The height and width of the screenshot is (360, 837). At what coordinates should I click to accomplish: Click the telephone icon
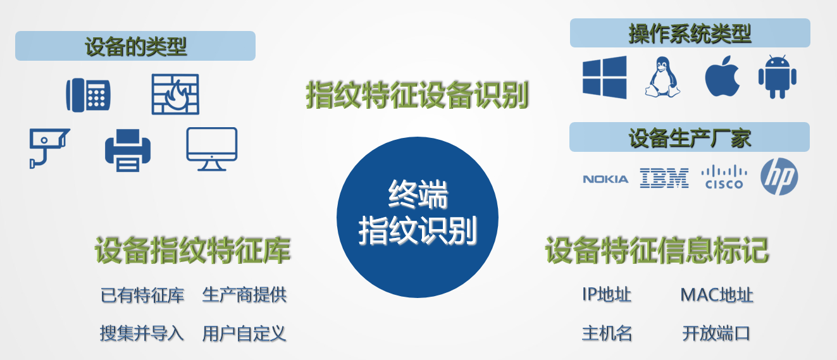88,95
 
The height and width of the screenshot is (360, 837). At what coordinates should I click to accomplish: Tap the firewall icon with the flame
175,94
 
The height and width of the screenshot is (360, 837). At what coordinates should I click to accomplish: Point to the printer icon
128,151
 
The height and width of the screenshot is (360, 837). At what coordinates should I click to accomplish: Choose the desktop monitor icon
212,149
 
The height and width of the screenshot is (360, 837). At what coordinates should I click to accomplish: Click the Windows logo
605,77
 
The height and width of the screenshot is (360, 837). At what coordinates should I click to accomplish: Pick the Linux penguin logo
662,77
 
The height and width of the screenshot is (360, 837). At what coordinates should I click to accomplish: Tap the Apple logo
722,77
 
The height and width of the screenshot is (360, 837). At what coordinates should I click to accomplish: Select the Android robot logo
777,77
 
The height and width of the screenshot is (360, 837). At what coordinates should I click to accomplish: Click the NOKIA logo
605,180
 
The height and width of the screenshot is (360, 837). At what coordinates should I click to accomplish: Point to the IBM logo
664,178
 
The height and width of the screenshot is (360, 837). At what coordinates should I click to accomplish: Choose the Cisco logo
724,177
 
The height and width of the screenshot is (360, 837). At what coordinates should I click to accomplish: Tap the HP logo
779,177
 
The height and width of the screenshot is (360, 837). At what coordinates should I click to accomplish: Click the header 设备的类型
135,46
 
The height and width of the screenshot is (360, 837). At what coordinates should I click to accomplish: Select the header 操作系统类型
690,34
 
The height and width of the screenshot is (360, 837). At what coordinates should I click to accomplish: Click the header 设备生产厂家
690,137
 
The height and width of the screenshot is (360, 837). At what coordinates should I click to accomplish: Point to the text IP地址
607,295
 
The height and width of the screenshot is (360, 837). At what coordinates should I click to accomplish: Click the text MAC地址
717,295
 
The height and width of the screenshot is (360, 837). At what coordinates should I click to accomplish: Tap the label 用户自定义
244,333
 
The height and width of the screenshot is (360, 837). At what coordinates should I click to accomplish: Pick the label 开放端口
716,333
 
